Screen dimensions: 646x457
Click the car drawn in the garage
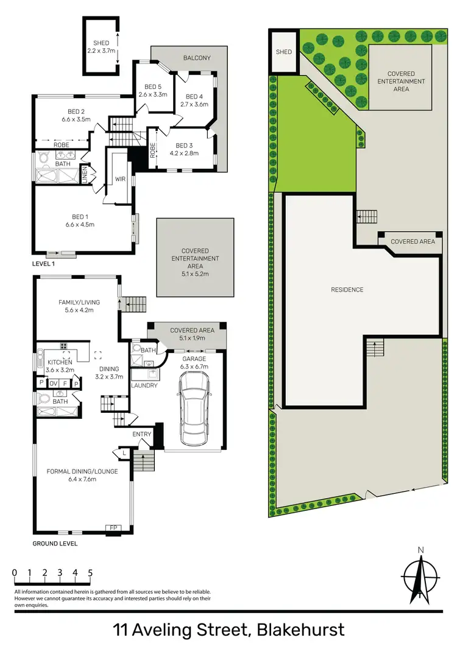click(x=194, y=410)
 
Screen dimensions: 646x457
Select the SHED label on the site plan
click(x=284, y=52)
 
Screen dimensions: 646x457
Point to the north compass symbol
click(x=420, y=576)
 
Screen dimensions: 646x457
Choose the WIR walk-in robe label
click(x=120, y=180)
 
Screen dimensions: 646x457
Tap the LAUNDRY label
click(x=145, y=385)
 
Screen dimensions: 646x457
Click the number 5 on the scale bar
click(x=90, y=573)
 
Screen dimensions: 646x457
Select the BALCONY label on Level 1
click(x=197, y=58)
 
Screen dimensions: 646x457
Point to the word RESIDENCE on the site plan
click(x=347, y=290)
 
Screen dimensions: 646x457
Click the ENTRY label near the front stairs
click(x=142, y=434)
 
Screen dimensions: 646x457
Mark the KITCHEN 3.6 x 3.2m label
click(x=60, y=365)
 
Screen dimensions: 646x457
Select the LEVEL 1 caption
click(x=44, y=264)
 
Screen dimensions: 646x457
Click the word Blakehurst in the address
click(x=301, y=629)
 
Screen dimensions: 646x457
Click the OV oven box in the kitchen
click(x=53, y=384)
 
